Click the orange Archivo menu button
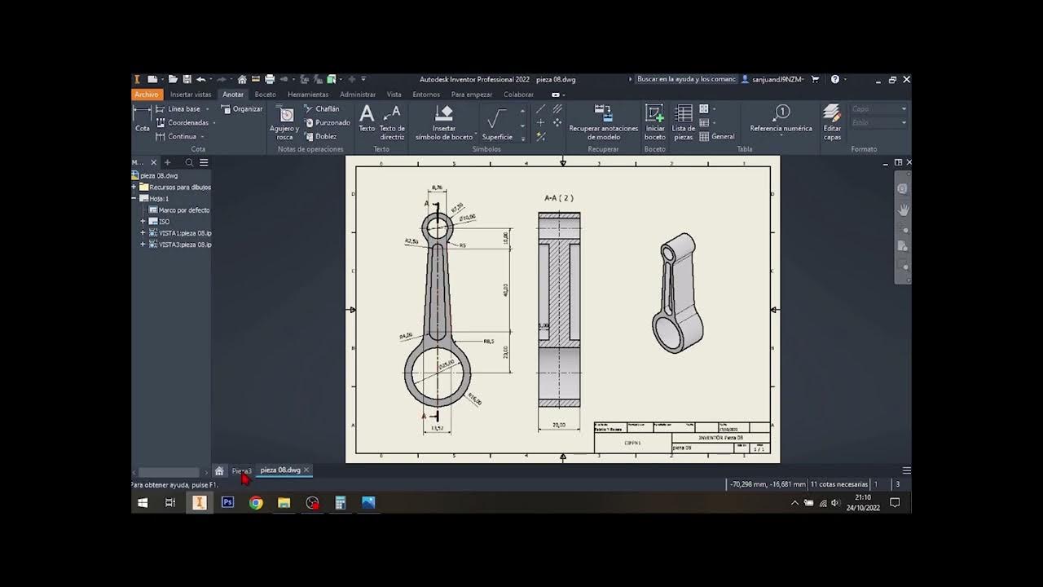[x=147, y=95]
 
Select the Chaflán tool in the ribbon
[x=327, y=109]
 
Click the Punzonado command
[x=332, y=123]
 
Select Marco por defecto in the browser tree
[x=183, y=210]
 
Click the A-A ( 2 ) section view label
[x=559, y=198]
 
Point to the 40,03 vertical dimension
[x=505, y=289]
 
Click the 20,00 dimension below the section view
[x=559, y=425]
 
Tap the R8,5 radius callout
[x=489, y=342]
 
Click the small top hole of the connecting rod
[x=438, y=227]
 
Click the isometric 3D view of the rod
[x=677, y=293]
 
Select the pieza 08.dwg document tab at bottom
[x=279, y=470]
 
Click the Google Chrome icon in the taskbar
[x=256, y=503]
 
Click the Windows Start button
[x=143, y=503]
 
